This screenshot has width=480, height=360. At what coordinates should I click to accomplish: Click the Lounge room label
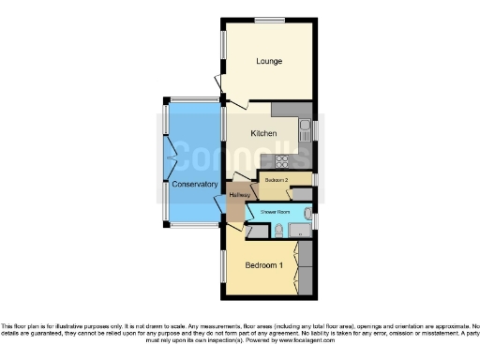click(x=270, y=62)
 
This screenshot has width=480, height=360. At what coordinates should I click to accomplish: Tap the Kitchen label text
click(x=263, y=134)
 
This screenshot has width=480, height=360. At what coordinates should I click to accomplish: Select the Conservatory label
click(x=194, y=184)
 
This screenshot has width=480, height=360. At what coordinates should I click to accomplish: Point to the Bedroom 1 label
click(x=263, y=265)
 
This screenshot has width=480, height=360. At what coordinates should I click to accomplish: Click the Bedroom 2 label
click(x=275, y=179)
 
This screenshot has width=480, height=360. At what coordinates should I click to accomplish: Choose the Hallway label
click(x=239, y=195)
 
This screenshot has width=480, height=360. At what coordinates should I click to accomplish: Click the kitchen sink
click(x=305, y=129)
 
